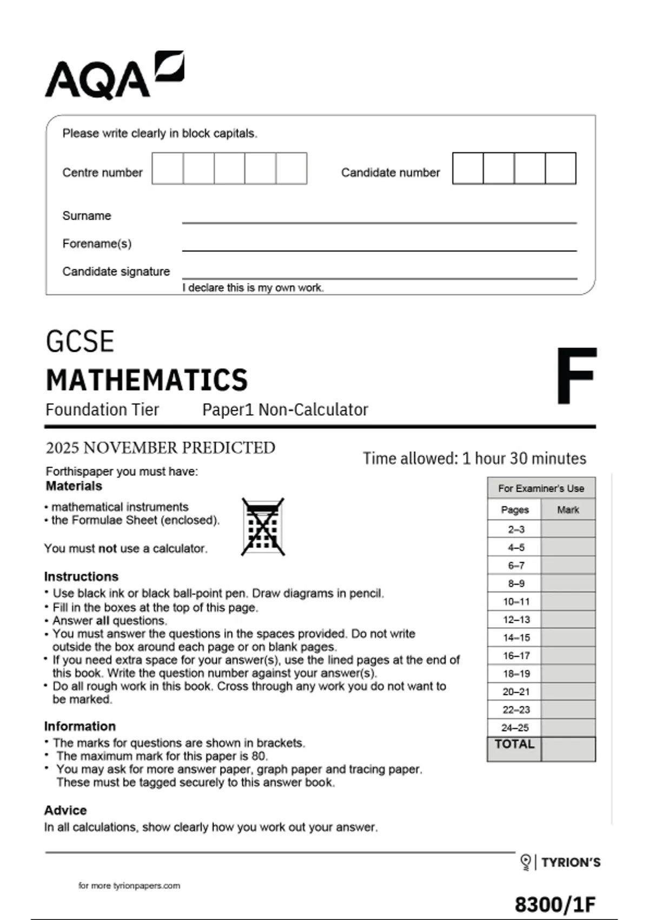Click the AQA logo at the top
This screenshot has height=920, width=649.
tap(114, 76)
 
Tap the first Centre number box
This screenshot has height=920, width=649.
tap(168, 168)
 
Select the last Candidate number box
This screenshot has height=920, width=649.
tap(560, 168)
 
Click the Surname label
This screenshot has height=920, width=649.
tap(87, 215)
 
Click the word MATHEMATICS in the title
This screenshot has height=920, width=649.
tap(147, 380)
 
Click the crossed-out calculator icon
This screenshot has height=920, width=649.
tap(263, 527)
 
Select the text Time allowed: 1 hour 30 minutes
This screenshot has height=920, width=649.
tap(474, 458)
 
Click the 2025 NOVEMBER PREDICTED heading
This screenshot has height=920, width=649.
tap(160, 448)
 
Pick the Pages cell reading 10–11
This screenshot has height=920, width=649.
tap(516, 601)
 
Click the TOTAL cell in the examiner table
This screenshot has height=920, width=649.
tap(514, 745)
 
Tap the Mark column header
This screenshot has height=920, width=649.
tap(568, 510)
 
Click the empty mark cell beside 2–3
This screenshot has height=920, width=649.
tap(568, 529)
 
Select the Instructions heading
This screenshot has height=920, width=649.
tap(81, 576)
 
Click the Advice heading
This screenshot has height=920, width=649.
tap(65, 810)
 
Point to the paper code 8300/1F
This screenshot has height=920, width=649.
tap(554, 904)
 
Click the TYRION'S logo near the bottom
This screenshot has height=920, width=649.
tap(561, 862)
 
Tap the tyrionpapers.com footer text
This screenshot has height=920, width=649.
tap(129, 885)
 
